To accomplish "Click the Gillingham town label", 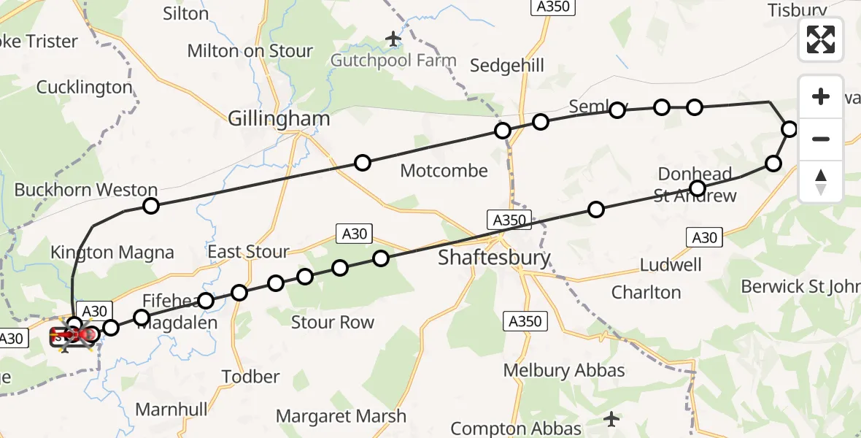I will pyautogui.click(x=279, y=119).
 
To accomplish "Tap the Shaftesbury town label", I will pyautogui.click(x=494, y=258).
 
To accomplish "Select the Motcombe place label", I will pyautogui.click(x=444, y=171).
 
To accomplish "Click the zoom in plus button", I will pyautogui.click(x=821, y=96).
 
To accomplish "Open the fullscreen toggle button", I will pyautogui.click(x=821, y=39).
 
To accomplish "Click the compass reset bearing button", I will pyautogui.click(x=821, y=182).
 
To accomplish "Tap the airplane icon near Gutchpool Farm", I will pyautogui.click(x=394, y=38).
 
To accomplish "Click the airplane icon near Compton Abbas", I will pyautogui.click(x=611, y=419).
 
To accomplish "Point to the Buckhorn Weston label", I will pyautogui.click(x=86, y=190).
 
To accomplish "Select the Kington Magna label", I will pyautogui.click(x=112, y=253).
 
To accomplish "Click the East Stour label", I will pyautogui.click(x=249, y=252).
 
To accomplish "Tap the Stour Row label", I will pyautogui.click(x=332, y=322).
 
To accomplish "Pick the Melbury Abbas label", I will pyautogui.click(x=564, y=370).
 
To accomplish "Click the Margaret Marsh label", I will pyautogui.click(x=341, y=416).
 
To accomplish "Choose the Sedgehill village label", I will pyautogui.click(x=507, y=66).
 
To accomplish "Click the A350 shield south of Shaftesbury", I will pyautogui.click(x=524, y=321).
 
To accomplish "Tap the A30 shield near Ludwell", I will pyautogui.click(x=704, y=237).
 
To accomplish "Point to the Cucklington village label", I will pyautogui.click(x=85, y=88).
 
